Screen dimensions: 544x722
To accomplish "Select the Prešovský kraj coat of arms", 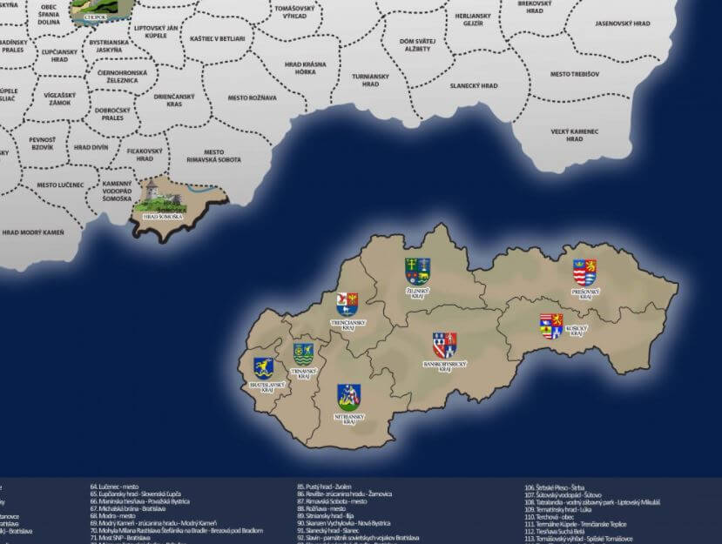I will click(x=584, y=271).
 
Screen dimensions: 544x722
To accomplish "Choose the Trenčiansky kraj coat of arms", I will click(x=348, y=303).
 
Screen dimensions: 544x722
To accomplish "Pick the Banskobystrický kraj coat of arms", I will click(x=445, y=345).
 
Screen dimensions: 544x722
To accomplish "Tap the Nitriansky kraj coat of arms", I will click(x=349, y=396).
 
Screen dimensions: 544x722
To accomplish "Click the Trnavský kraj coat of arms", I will click(x=304, y=353).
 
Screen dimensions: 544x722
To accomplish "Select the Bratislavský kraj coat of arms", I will click(x=262, y=367).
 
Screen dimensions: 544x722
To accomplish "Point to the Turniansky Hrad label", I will click(x=370, y=80).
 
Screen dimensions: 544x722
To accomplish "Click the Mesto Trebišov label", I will click(x=575, y=74).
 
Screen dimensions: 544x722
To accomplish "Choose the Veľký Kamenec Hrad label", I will click(x=575, y=135).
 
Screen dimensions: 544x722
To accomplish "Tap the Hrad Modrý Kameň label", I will click(x=33, y=232).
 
